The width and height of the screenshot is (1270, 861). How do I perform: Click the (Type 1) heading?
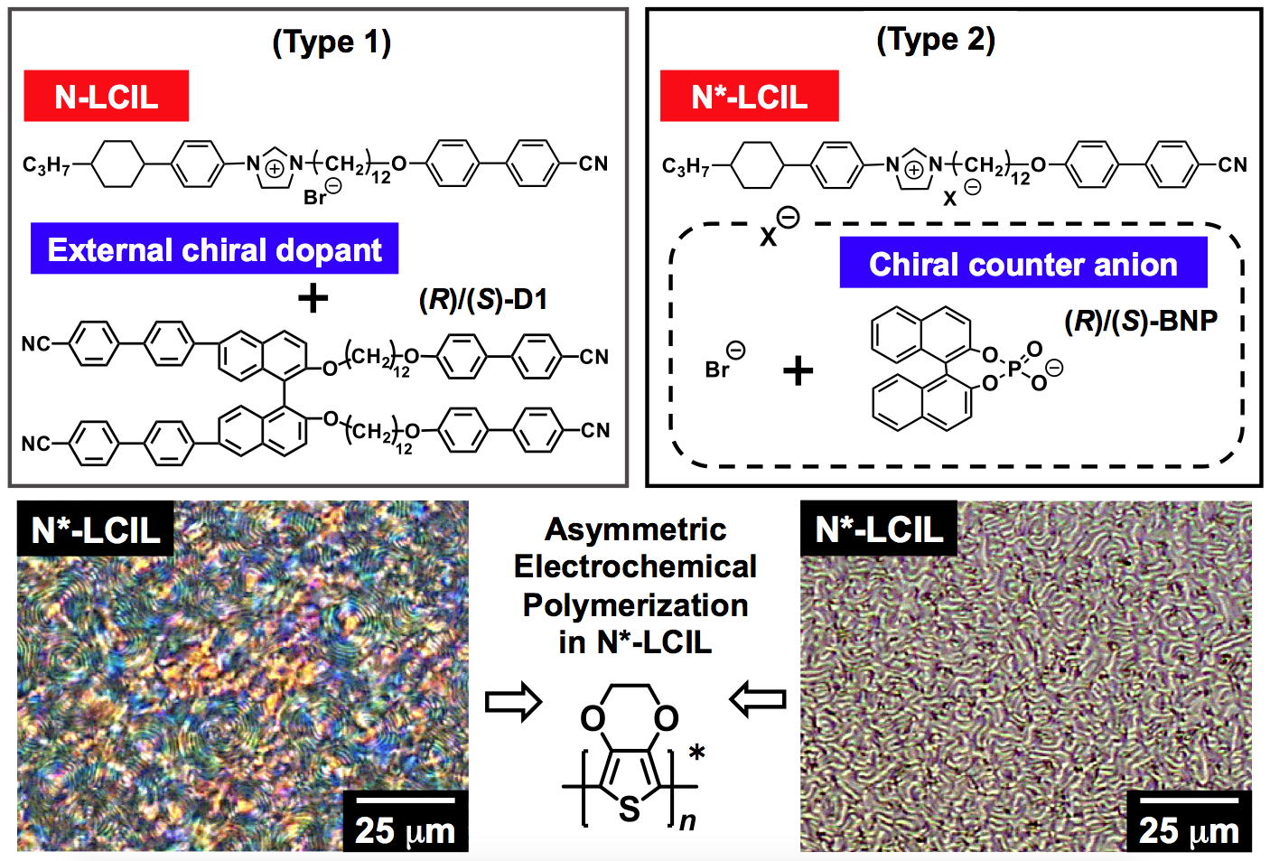click(x=332, y=43)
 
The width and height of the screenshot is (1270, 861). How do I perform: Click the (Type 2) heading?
click(x=936, y=41)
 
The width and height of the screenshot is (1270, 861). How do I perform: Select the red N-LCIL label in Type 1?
click(x=106, y=96)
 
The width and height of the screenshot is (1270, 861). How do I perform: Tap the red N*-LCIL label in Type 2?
click(x=749, y=96)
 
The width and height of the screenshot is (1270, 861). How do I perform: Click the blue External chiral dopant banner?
click(x=214, y=248)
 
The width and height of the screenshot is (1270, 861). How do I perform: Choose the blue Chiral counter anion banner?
click(x=1023, y=263)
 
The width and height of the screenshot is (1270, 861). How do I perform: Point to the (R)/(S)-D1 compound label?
click(x=483, y=299)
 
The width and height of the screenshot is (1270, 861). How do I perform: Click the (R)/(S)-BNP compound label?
click(x=1141, y=322)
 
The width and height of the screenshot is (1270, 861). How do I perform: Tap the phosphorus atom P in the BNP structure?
click(x=1014, y=370)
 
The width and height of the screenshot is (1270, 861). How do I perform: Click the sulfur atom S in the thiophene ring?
click(x=630, y=809)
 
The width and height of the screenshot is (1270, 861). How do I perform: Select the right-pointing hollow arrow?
click(x=513, y=702)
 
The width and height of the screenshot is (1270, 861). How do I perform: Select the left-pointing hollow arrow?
click(x=758, y=698)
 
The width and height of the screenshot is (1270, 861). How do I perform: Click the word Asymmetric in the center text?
click(x=635, y=529)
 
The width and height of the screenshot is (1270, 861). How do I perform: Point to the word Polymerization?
click(x=635, y=605)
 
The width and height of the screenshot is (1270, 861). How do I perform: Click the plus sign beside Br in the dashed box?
click(x=798, y=372)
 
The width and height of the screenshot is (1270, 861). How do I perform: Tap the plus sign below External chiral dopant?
click(x=313, y=297)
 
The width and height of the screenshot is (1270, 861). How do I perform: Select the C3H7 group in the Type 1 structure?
click(x=46, y=165)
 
